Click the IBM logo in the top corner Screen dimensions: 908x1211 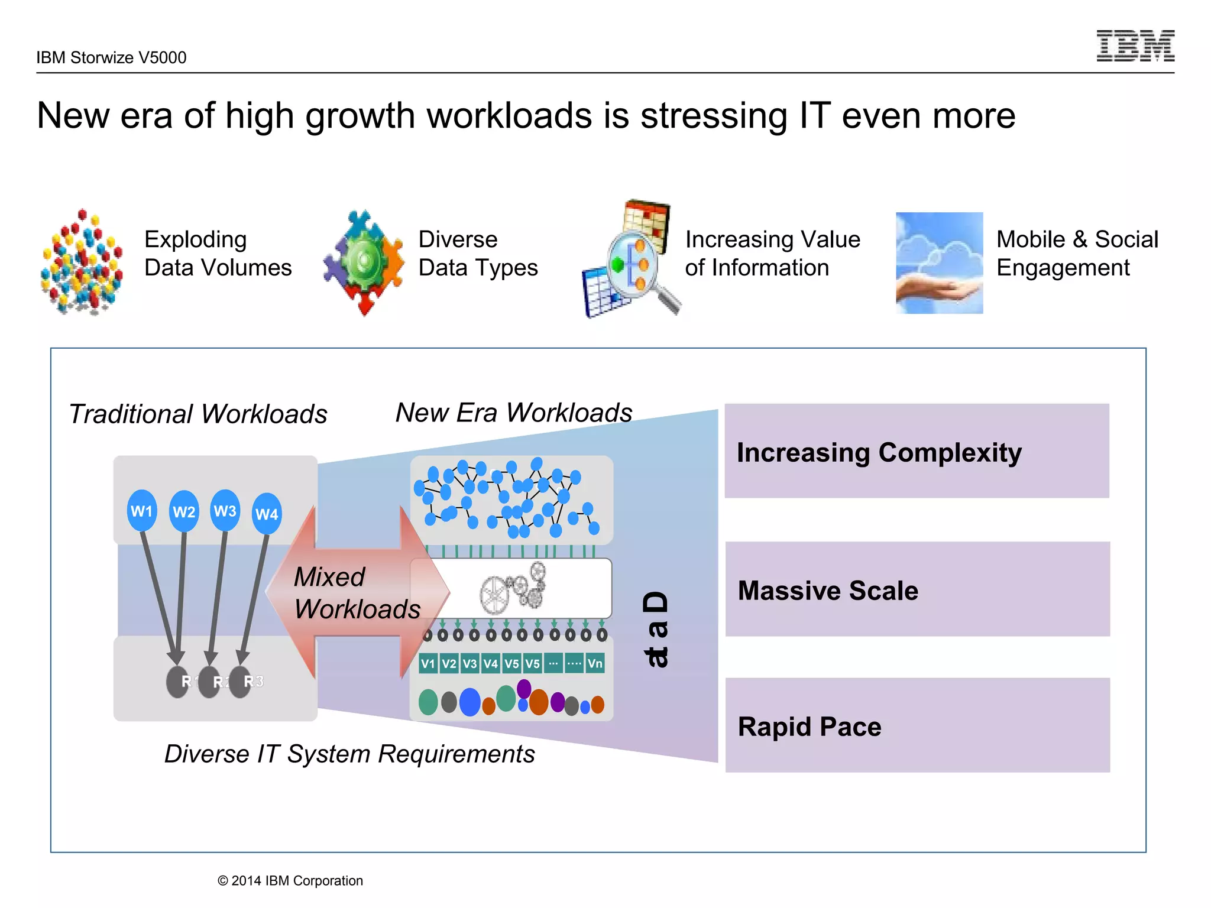point(1135,46)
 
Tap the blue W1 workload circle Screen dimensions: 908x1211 point(142,511)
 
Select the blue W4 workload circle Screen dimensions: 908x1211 point(267,514)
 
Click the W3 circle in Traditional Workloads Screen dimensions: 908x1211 point(225,511)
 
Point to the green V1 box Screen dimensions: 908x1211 point(428,663)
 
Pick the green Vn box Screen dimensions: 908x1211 point(595,663)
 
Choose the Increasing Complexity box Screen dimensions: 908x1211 point(917,451)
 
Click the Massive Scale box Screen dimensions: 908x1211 point(917,589)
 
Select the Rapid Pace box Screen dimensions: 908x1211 point(917,725)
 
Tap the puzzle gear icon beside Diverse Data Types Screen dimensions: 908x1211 point(364,262)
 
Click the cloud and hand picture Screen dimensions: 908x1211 point(939,262)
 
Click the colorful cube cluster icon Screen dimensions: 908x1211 point(82,262)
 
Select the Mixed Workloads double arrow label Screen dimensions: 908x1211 point(357,592)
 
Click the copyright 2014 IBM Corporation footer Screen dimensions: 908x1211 point(290,881)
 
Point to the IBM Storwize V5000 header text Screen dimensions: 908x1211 point(111,57)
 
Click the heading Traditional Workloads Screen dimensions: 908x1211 point(198,414)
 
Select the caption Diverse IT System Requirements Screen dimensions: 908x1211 point(349,754)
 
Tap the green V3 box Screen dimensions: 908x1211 point(470,663)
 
